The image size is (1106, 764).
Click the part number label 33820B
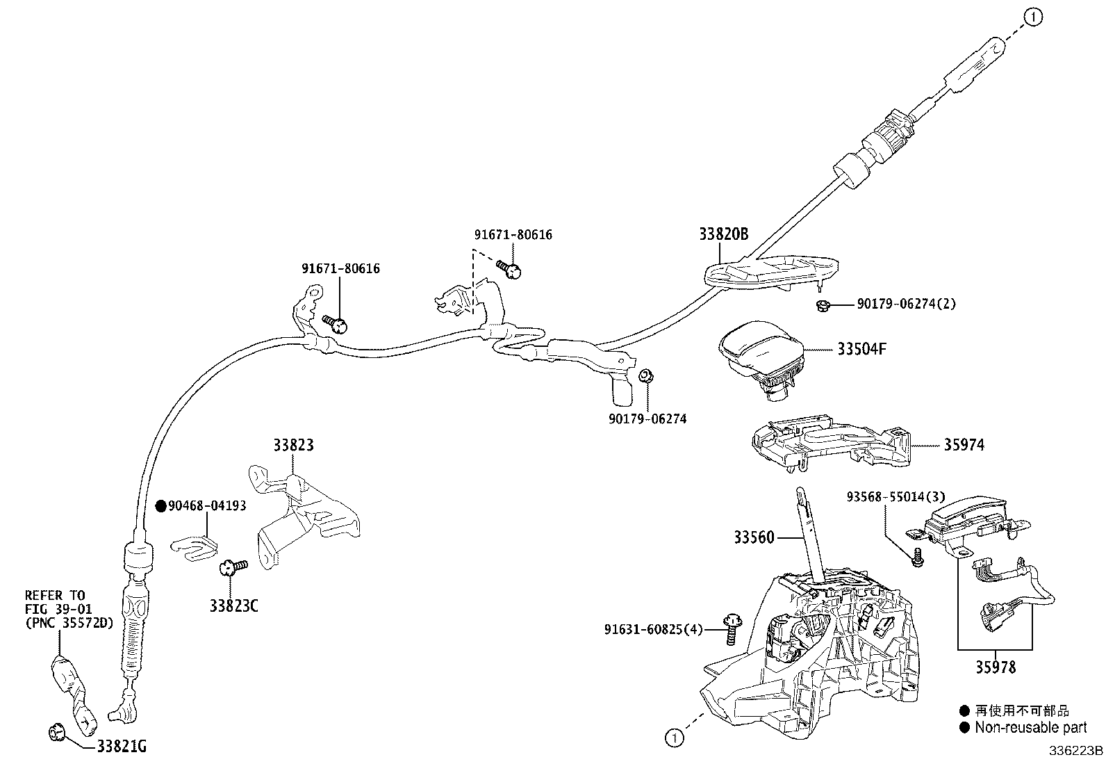tap(723, 234)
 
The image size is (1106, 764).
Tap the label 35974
tap(963, 445)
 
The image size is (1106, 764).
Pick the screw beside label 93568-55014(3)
tap(918, 556)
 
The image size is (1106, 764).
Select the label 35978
tap(995, 667)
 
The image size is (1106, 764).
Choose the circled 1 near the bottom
tap(673, 737)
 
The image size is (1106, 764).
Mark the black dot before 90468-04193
tap(160, 506)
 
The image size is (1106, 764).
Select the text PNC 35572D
tap(68, 622)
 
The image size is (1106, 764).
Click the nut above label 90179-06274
tap(645, 376)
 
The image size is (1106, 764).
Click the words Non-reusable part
tap(1030, 728)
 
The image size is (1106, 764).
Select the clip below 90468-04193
tap(194, 543)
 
